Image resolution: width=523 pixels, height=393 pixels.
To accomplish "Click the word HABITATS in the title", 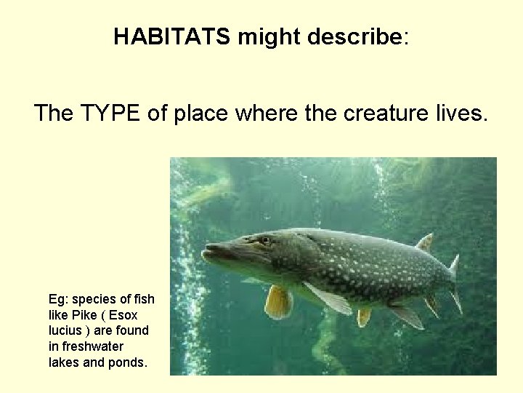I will (x=171, y=37).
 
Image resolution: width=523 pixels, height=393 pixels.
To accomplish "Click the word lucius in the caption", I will (x=65, y=330).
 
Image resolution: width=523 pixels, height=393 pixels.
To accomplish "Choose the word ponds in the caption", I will (x=130, y=362).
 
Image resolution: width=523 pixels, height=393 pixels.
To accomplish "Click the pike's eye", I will (x=264, y=239).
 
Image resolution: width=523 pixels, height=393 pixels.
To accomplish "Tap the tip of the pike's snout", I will (x=206, y=251).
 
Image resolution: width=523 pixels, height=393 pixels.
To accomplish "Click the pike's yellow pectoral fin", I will (x=277, y=301).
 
